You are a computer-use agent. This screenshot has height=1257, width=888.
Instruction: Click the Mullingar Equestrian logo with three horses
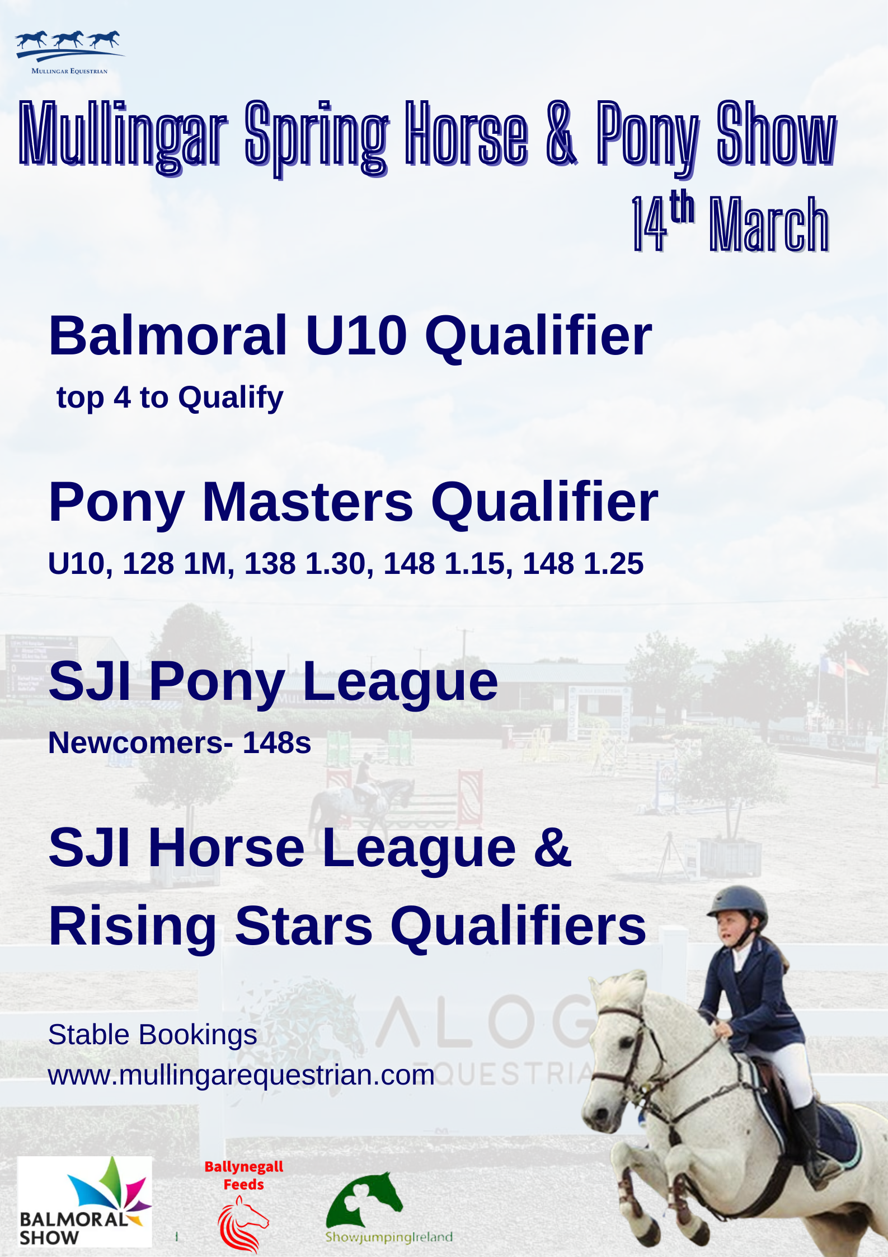point(70,52)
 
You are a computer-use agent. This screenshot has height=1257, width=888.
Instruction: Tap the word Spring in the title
point(317,137)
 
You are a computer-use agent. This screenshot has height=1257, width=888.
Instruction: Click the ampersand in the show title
point(561,133)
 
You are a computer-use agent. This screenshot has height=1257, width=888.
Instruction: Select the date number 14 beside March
point(650,224)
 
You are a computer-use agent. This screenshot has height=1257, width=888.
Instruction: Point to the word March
point(769,224)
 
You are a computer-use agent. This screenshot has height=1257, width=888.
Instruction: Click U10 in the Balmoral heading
point(356,335)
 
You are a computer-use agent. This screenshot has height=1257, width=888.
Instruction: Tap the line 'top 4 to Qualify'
point(170,398)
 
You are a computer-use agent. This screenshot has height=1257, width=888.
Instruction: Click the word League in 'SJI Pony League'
point(400,682)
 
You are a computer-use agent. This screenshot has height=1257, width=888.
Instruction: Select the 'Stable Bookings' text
point(153,1035)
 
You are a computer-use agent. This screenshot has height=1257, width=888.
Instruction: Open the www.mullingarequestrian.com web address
point(242,1075)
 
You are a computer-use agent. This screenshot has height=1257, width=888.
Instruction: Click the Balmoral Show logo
point(84,1202)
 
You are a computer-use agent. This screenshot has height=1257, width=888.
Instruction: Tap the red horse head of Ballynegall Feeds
point(243,1224)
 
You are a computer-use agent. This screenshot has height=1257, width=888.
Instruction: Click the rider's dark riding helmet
point(737,902)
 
